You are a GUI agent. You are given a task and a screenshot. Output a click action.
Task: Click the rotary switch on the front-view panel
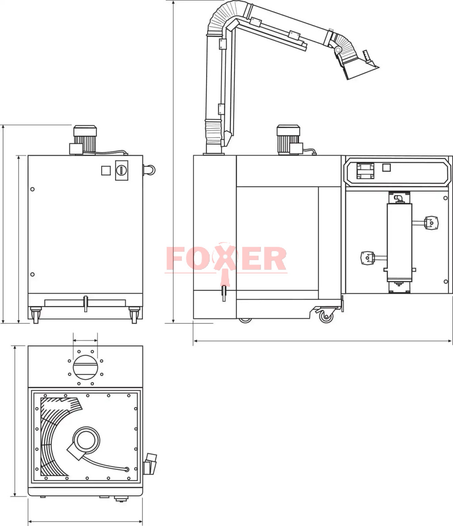pos(122,170)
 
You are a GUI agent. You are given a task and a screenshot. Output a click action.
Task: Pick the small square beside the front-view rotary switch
pos(106,170)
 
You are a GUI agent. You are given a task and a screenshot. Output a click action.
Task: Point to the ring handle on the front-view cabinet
pos(149,170)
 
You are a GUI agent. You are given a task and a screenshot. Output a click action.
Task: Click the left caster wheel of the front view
pos(35,315)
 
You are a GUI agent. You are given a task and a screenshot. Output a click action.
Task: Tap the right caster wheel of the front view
pos(134,315)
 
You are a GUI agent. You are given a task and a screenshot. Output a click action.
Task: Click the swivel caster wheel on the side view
pos(326,316)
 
